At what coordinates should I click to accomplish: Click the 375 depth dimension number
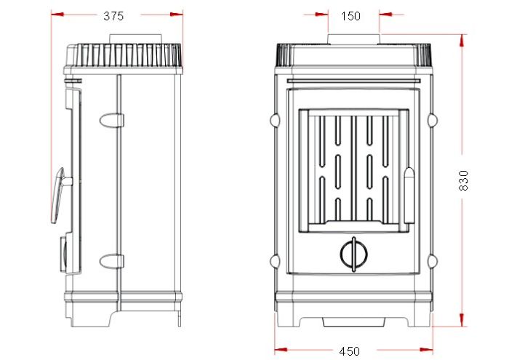[113, 16]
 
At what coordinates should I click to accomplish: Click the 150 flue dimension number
[350, 16]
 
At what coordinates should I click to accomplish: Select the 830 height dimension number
[464, 180]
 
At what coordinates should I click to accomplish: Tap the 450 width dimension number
[349, 351]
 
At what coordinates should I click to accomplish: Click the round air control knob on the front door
[354, 254]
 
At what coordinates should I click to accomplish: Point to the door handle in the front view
[409, 196]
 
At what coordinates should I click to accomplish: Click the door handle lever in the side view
[58, 196]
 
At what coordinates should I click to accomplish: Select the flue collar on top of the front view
[353, 39]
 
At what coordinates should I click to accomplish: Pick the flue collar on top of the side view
[135, 39]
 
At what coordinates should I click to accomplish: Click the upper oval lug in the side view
[112, 121]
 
